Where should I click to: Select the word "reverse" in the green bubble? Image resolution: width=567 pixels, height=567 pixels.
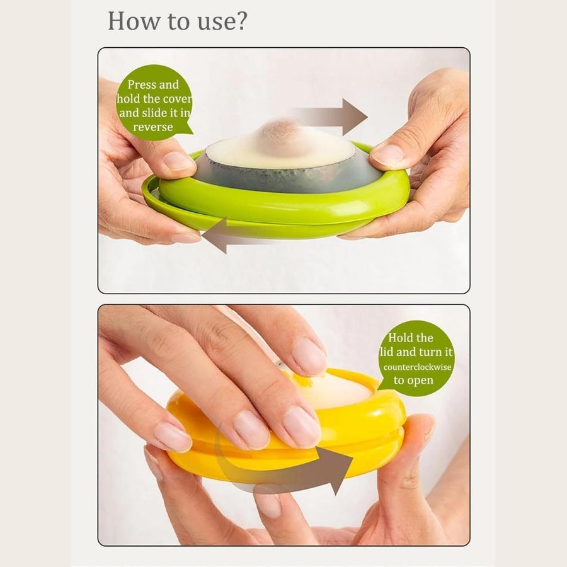tap(152, 127)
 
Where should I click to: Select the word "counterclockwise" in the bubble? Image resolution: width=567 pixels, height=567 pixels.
tap(416, 366)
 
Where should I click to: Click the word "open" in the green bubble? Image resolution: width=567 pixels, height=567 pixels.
tap(423, 380)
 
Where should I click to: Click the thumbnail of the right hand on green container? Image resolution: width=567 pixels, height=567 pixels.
tap(387, 155)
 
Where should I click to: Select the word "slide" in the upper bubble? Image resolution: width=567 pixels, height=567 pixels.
tap(169, 113)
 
